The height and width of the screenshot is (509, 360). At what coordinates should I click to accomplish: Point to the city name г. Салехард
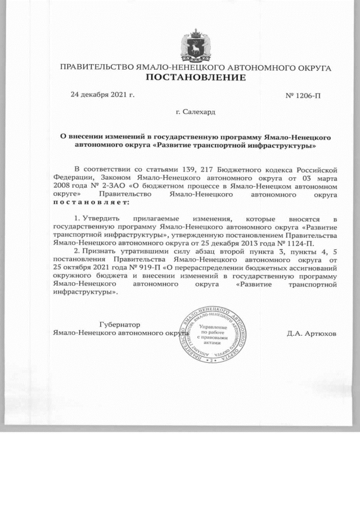pyautogui.click(x=195, y=112)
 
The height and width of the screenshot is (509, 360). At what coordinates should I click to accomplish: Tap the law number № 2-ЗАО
pyautogui.click(x=108, y=185)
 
